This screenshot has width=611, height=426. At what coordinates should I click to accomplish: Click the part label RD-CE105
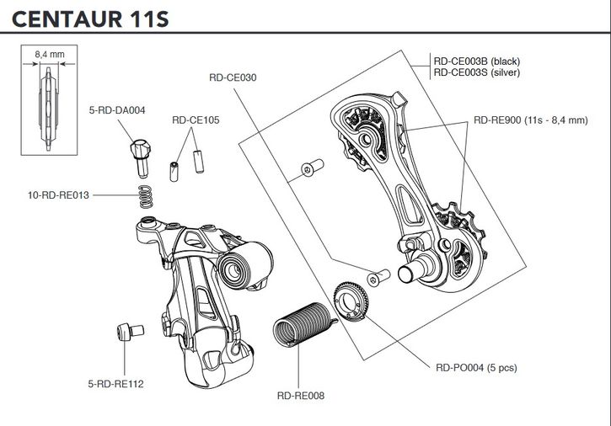coord(196,120)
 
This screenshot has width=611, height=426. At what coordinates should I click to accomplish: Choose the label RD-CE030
coord(233,77)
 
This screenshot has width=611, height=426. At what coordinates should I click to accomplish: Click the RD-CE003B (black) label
coord(477,61)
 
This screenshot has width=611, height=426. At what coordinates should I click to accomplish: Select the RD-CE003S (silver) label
coord(477,72)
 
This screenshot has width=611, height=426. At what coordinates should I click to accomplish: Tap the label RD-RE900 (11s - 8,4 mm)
coord(530,120)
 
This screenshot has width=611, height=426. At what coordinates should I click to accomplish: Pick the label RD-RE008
coord(300,394)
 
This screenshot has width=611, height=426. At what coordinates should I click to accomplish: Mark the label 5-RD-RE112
coord(115,384)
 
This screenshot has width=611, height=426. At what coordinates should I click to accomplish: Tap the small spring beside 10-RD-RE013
coord(145,196)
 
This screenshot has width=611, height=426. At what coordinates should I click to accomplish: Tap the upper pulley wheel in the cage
coord(364,133)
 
